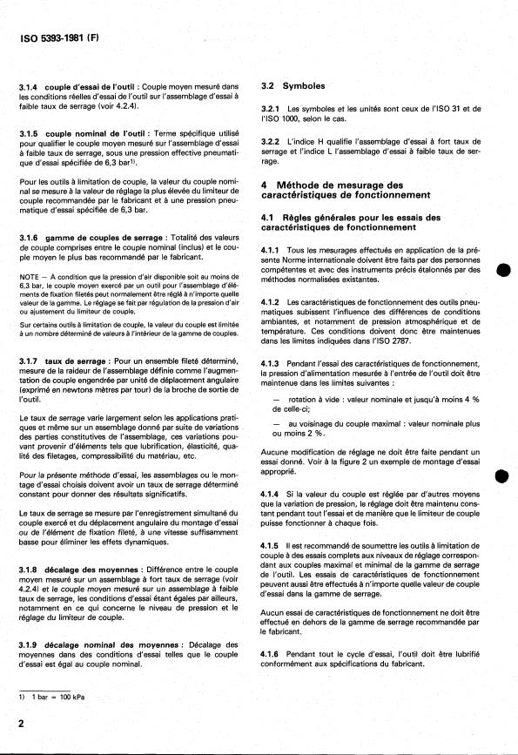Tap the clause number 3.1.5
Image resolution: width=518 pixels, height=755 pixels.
pyautogui.click(x=30, y=131)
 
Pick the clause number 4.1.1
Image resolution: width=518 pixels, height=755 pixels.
pyautogui.click(x=273, y=251)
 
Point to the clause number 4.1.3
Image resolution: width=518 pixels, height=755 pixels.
pyautogui.click(x=273, y=362)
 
